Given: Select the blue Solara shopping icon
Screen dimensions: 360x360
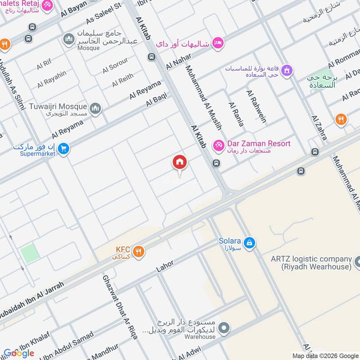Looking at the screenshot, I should click(250, 244).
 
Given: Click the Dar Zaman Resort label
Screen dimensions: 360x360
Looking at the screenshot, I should click(258, 144).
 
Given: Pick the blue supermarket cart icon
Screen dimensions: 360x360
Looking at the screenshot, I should click(63, 148).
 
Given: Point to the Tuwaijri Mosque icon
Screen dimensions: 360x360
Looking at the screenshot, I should click(95, 108).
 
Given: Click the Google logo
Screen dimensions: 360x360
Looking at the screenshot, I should click(19, 353).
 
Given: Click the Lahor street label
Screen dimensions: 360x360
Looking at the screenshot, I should click(165, 266).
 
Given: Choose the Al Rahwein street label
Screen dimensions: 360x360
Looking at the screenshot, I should click(256, 107).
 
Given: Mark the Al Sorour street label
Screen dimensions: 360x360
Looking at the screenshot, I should click(115, 66).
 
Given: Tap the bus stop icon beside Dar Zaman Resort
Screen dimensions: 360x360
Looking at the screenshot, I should click(216, 163).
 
